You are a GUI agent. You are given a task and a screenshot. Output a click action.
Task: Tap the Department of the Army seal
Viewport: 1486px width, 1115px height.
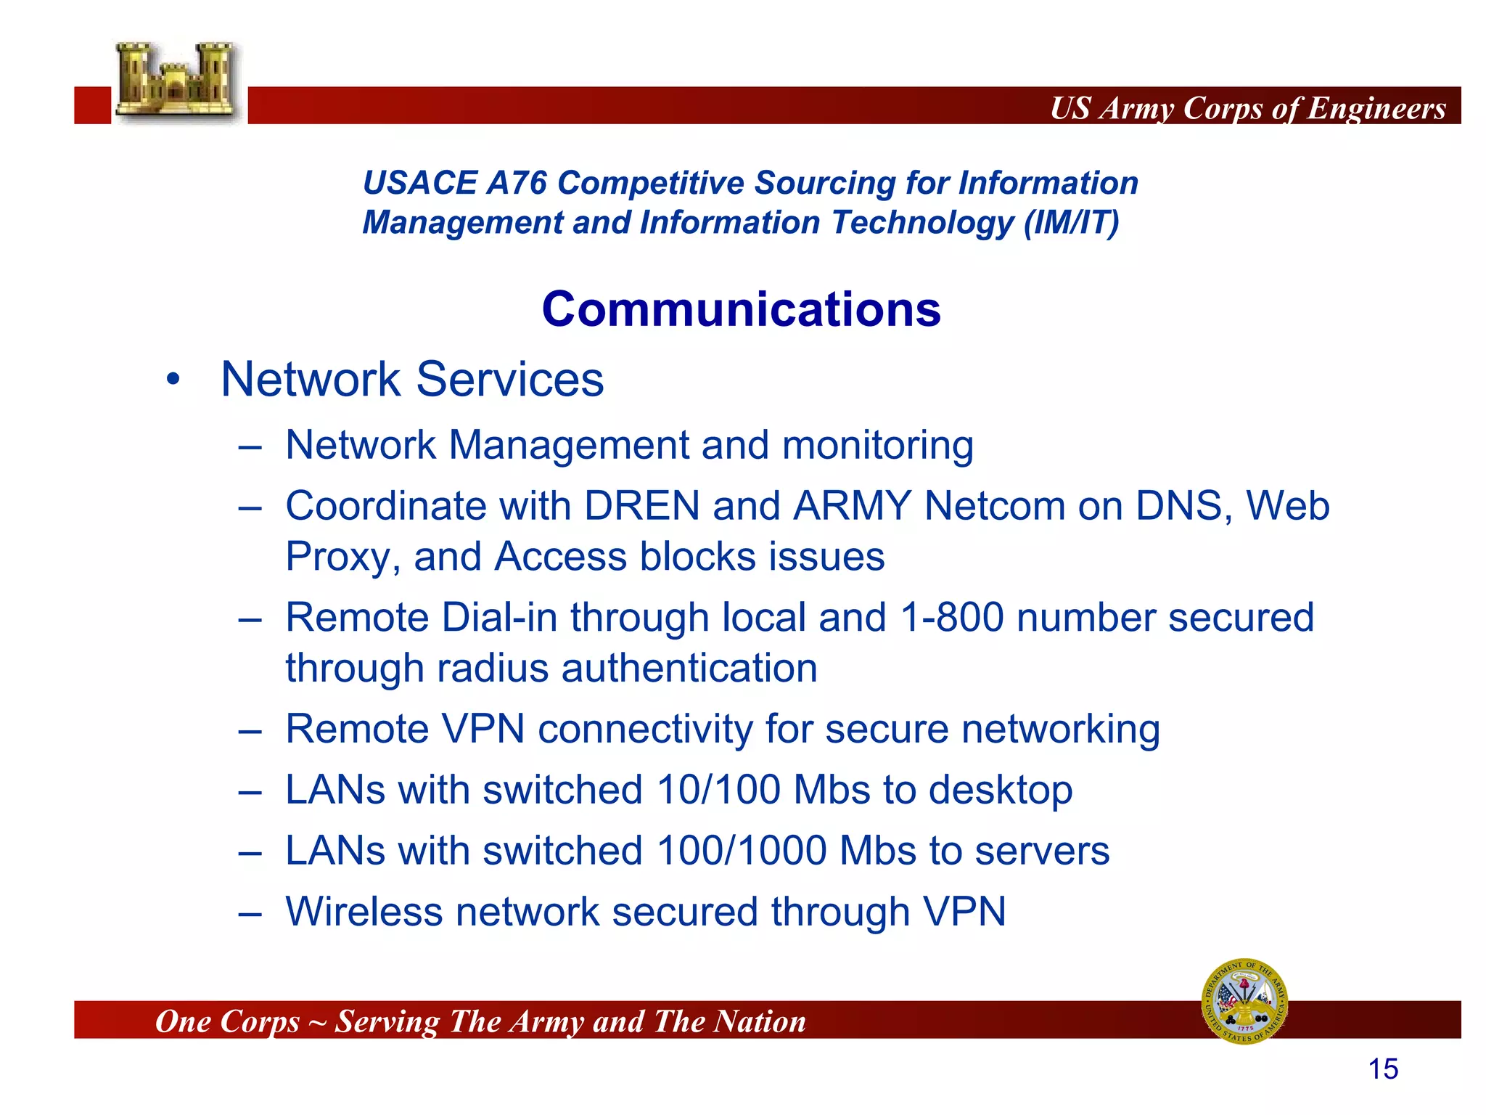point(1244,1001)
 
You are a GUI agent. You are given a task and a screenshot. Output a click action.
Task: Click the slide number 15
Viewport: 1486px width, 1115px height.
point(1383,1069)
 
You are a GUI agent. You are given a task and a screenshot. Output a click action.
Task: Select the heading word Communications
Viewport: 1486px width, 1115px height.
point(741,309)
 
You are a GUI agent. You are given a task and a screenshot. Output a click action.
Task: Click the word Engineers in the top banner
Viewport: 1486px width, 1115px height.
point(1376,109)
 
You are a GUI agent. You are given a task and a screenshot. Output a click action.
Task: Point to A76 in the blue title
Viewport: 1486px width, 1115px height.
point(516,183)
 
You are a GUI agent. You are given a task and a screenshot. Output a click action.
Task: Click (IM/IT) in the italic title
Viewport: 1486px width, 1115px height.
point(1071,222)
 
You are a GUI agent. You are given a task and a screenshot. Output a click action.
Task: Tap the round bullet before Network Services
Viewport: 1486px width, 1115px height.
point(173,380)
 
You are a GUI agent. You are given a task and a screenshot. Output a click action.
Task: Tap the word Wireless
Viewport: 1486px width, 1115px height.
point(364,912)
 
